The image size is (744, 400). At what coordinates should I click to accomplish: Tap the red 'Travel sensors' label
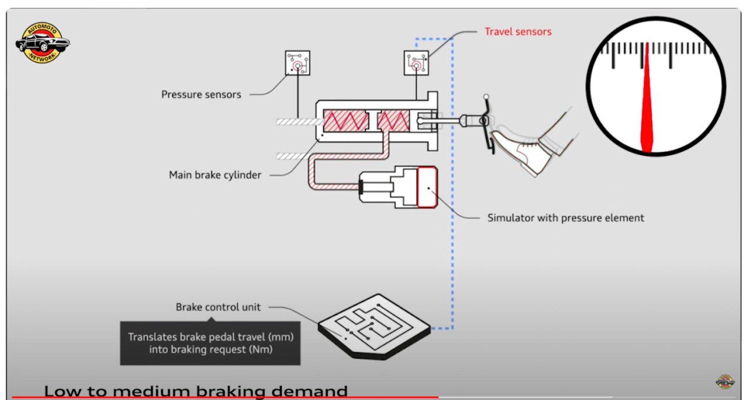coord(518,31)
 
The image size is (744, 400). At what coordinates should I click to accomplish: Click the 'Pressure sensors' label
coord(201,94)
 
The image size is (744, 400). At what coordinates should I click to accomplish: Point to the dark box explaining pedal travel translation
coord(210,343)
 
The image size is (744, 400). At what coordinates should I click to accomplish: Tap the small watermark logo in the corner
coord(725,381)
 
